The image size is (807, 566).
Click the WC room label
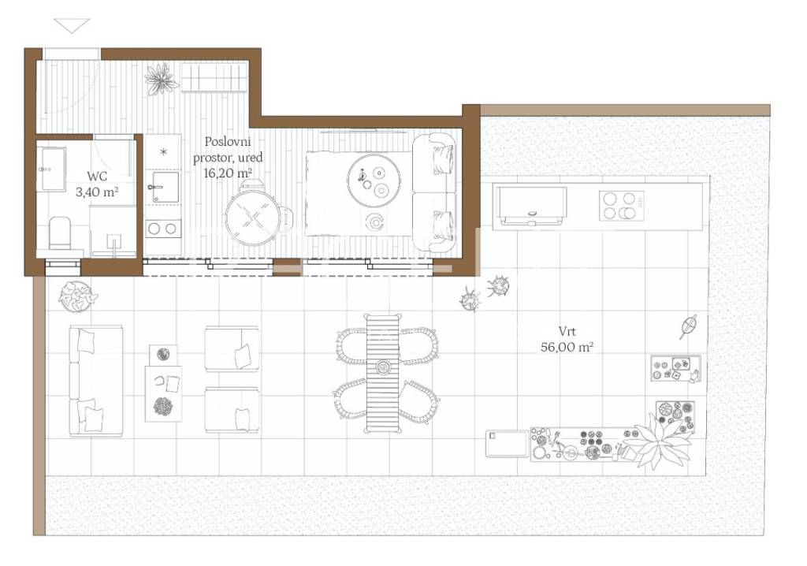pyautogui.click(x=97, y=176)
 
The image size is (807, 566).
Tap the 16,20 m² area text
pyautogui.click(x=228, y=173)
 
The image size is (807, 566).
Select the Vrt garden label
pyautogui.click(x=567, y=331)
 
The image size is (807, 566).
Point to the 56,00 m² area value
pyautogui.click(x=567, y=347)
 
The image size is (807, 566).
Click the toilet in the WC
pyautogui.click(x=60, y=233)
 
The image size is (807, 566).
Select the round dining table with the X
pyautogui.click(x=253, y=218)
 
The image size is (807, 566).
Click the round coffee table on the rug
pyautogui.click(x=374, y=180)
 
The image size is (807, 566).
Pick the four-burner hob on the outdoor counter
pyautogui.click(x=621, y=206)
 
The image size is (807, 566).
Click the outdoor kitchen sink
pyautogui.click(x=530, y=206)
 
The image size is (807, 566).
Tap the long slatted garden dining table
pyautogui.click(x=383, y=374)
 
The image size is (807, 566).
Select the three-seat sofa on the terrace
pyautogui.click(x=95, y=381)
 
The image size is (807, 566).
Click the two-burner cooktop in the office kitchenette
pyautogui.click(x=162, y=229)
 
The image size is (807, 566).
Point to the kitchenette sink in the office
pyautogui.click(x=163, y=188)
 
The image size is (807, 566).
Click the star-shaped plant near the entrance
pyautogui.click(x=162, y=79)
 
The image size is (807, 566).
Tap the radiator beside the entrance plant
pyautogui.click(x=214, y=77)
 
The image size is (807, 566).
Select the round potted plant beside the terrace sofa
pyautogui.click(x=77, y=296)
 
